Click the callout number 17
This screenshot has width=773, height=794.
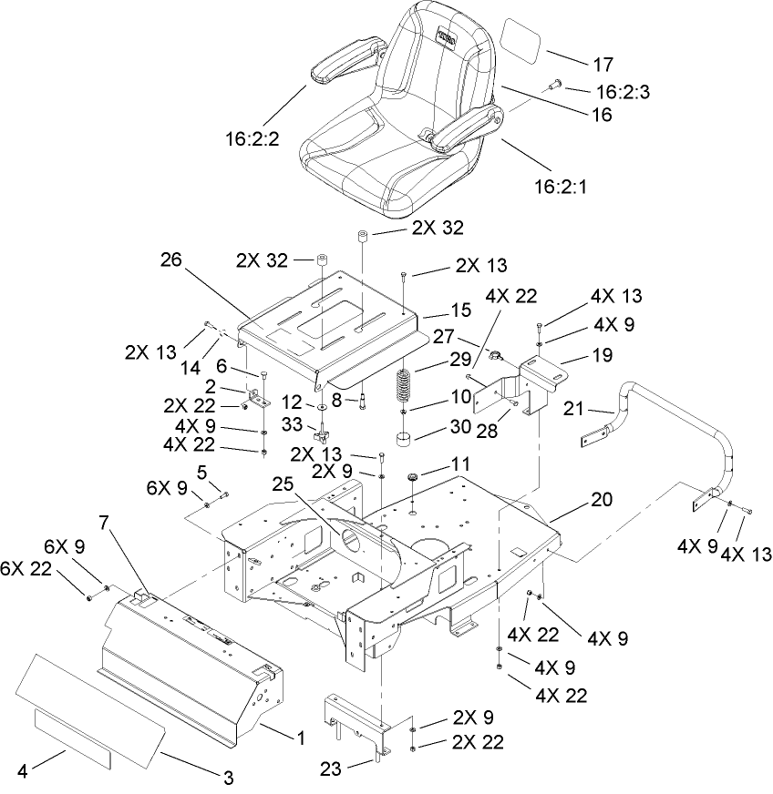point(603,65)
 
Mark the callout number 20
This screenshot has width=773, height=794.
point(603,499)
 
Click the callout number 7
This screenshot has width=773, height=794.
point(105,523)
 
